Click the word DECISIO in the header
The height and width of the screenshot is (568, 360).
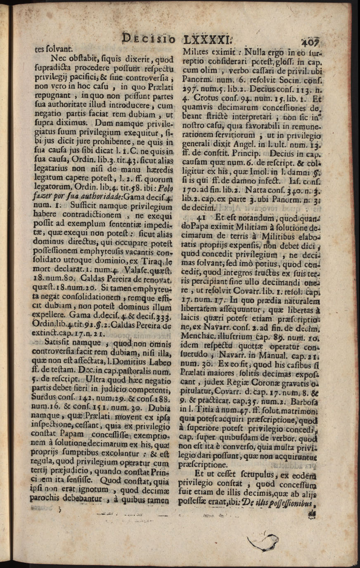coord(149,40)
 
